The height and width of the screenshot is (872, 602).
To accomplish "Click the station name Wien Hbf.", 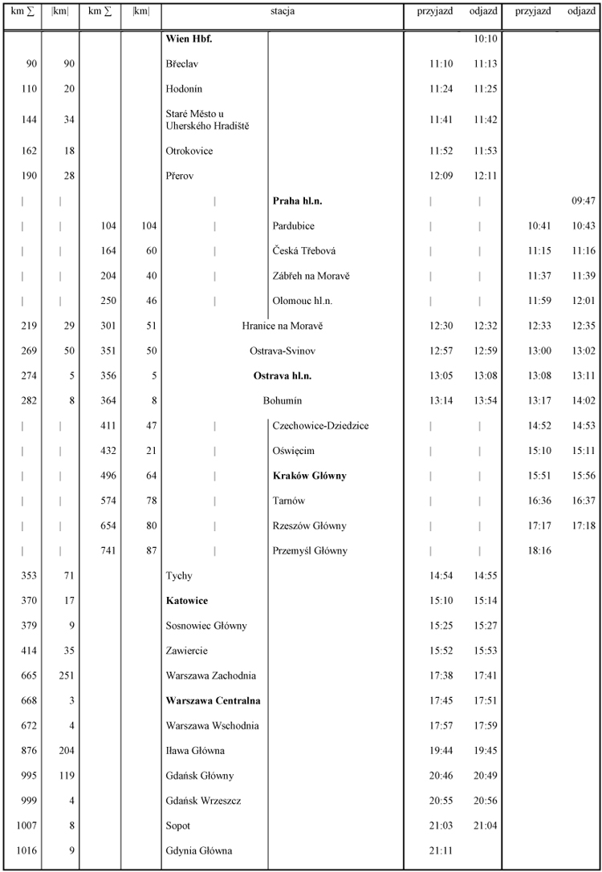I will [x=189, y=39].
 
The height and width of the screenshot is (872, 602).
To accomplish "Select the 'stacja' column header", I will [x=283, y=12].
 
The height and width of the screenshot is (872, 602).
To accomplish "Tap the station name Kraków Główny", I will [x=309, y=476].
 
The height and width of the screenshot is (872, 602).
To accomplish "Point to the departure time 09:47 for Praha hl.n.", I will [x=583, y=201].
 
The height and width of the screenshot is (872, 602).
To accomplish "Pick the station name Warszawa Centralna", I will [x=213, y=700].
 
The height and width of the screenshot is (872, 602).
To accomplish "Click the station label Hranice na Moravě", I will [x=283, y=326].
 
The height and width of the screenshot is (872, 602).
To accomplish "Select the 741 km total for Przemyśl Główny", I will [x=106, y=550].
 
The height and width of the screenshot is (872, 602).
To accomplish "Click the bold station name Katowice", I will [x=188, y=601].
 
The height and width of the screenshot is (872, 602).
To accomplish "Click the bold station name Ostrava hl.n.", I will [x=283, y=375].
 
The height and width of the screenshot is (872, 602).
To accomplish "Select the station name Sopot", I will [x=178, y=825].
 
